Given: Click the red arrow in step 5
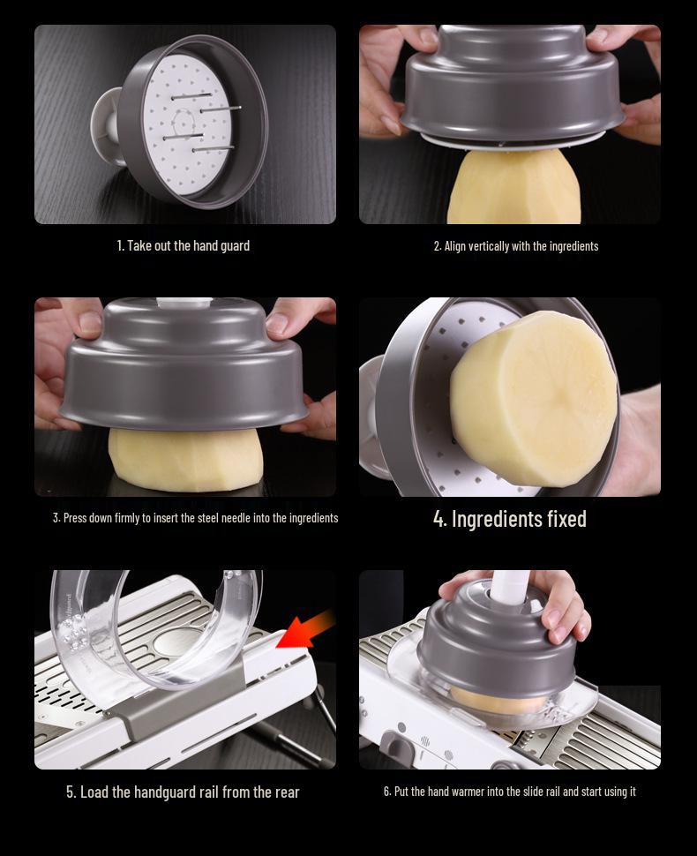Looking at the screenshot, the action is (305, 631).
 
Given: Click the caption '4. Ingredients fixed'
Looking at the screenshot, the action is (510, 519).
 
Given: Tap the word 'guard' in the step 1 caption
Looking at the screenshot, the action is (236, 245).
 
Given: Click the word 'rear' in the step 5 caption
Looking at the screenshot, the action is (287, 792).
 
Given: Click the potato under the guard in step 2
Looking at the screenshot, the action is (513, 187).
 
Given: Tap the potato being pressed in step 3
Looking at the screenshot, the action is (185, 460).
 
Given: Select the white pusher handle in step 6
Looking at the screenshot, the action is (510, 588).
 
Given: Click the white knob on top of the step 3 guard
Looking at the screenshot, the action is (184, 303).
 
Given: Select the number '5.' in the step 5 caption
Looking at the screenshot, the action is (71, 792).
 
